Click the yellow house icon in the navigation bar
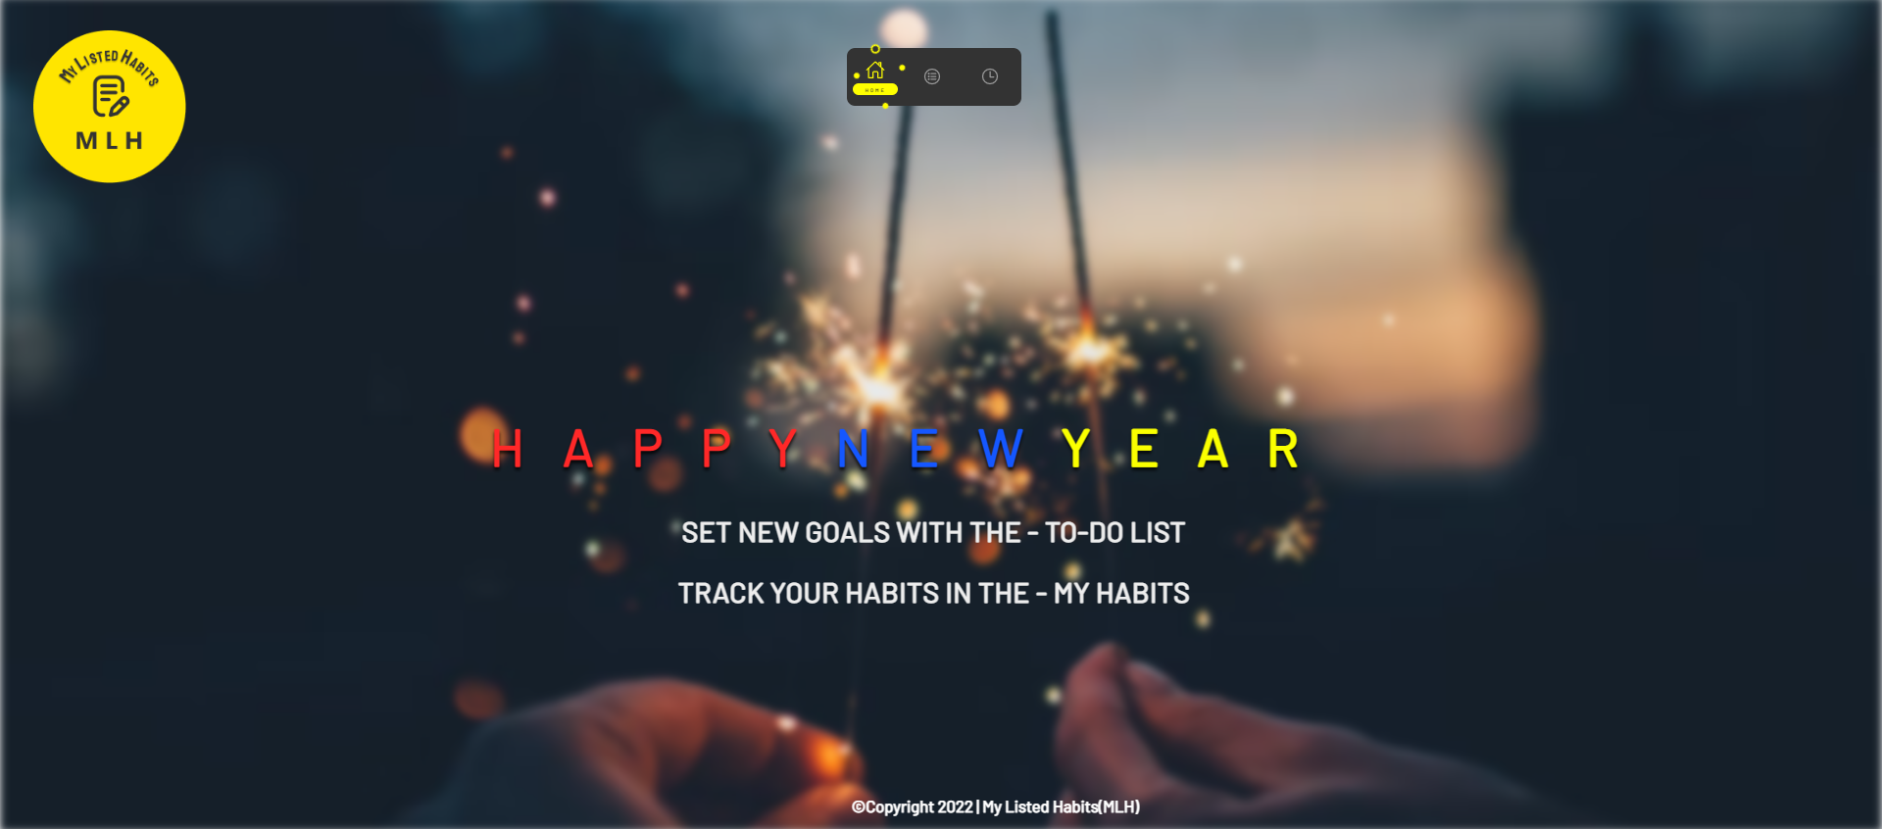tap(875, 70)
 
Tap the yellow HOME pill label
tap(875, 90)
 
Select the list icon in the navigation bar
tap(932, 76)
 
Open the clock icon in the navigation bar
tap(990, 76)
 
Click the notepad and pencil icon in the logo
tap(110, 97)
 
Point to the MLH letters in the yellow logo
tap(110, 141)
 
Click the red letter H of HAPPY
tap(507, 450)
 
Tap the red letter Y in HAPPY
tap(783, 450)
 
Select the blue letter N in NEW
tap(853, 450)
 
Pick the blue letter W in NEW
tap(1001, 450)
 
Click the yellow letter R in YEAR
tap(1283, 450)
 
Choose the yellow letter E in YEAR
tap(1144, 450)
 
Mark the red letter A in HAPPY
tap(578, 450)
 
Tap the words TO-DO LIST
tap(1114, 533)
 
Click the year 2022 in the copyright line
tap(955, 807)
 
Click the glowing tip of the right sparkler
tap(1088, 348)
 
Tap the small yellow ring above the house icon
tap(875, 49)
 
